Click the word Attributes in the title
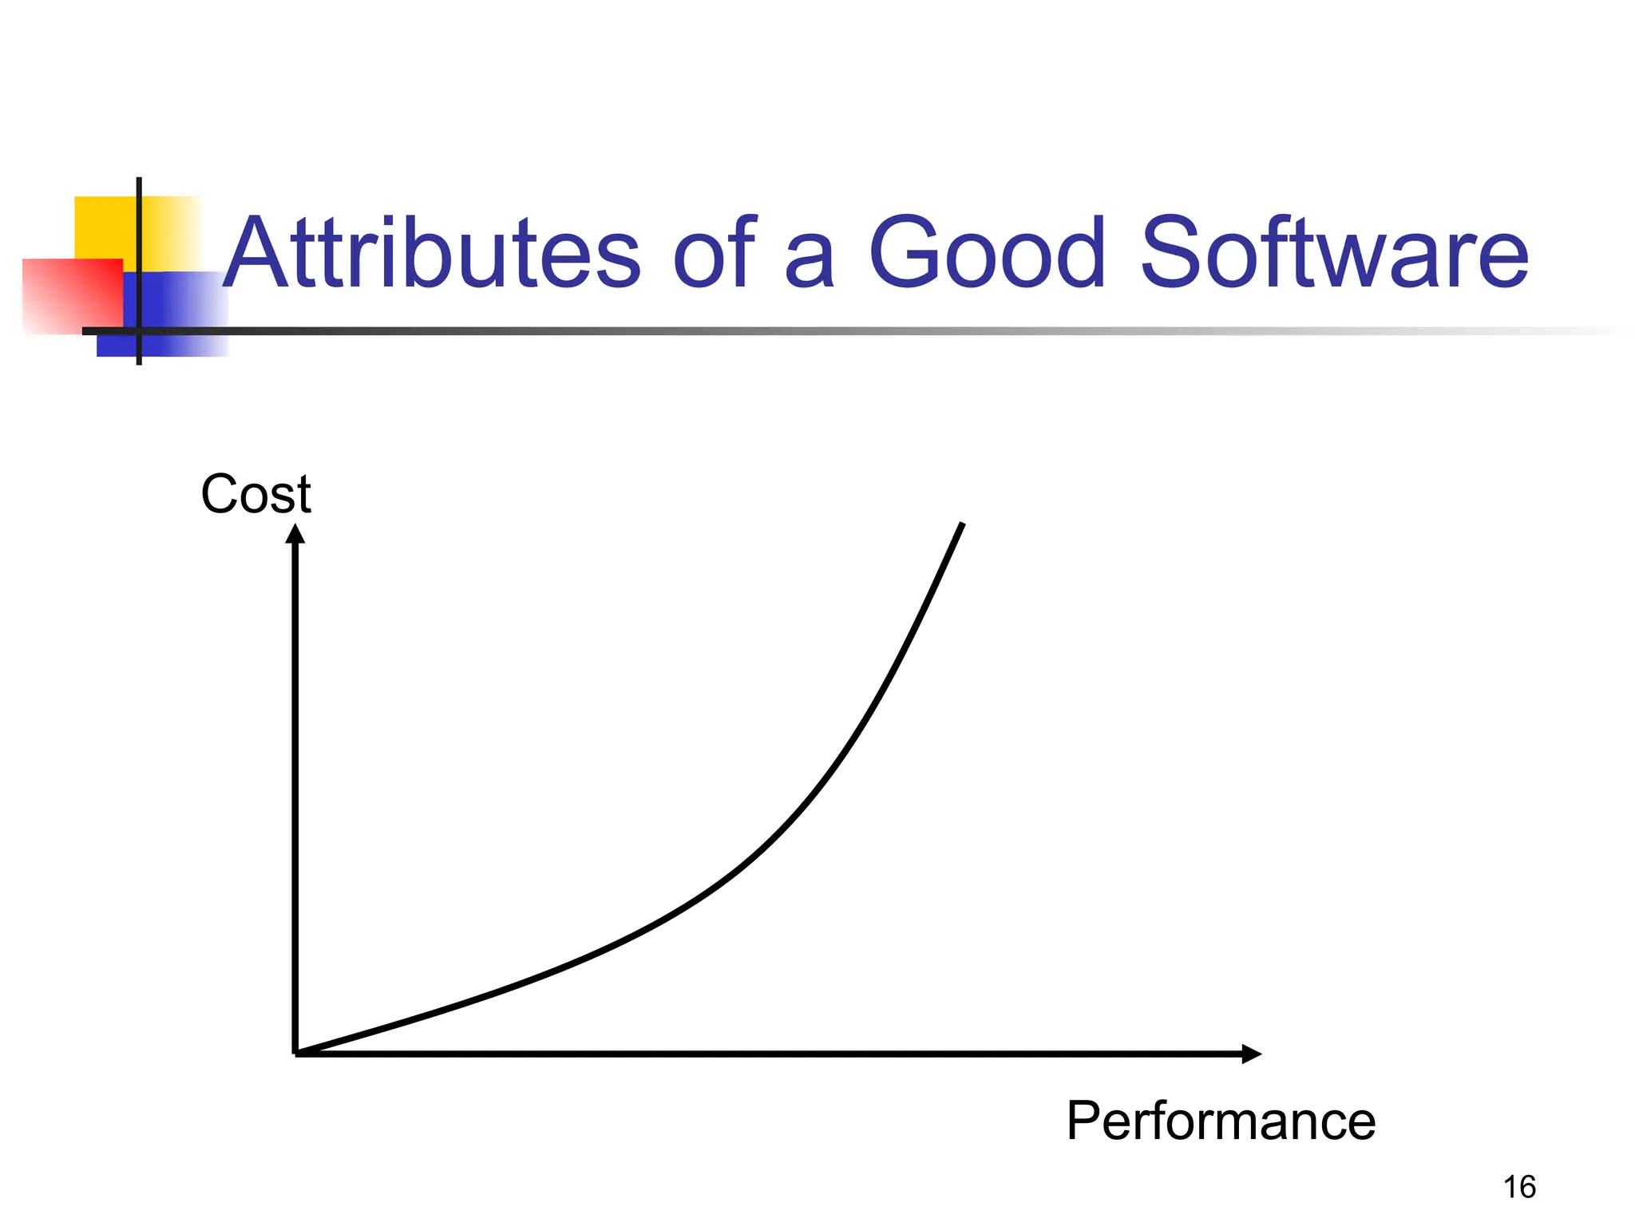(x=431, y=254)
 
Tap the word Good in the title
(x=988, y=254)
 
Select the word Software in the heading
(x=1335, y=254)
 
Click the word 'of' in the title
(x=713, y=254)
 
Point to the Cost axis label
(x=255, y=494)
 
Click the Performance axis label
(x=1221, y=1121)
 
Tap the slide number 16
(x=1519, y=1188)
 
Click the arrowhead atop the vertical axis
(x=295, y=533)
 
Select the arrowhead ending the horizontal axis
(x=1251, y=1054)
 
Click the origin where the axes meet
(x=296, y=1054)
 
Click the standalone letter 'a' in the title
(x=810, y=263)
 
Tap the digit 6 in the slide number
(x=1527, y=1188)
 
